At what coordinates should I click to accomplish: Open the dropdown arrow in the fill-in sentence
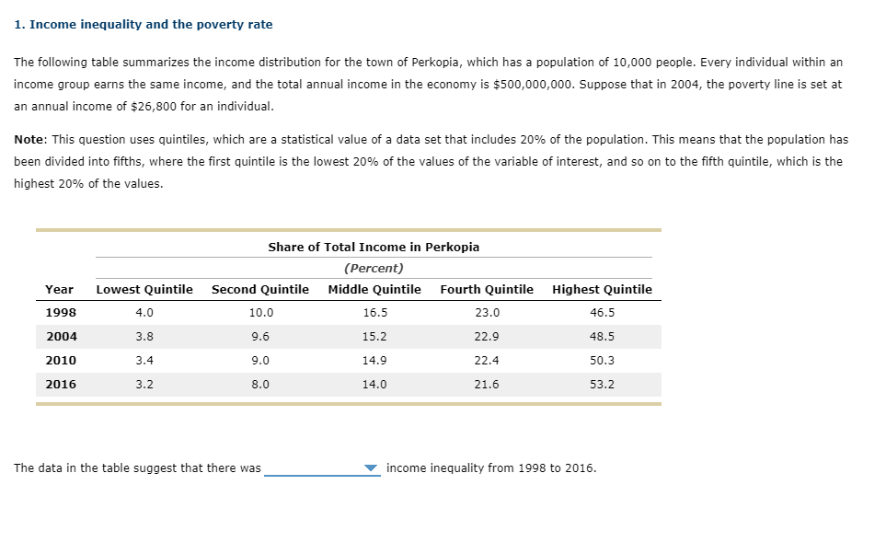click(371, 468)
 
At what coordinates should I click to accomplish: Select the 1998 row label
click(62, 313)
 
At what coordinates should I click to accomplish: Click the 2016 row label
click(62, 385)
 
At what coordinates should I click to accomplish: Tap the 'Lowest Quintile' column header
click(144, 289)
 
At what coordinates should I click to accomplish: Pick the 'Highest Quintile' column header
click(602, 289)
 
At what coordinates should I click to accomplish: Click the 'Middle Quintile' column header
click(374, 289)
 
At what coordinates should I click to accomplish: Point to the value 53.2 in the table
click(602, 385)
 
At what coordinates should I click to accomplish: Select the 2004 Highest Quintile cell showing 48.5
click(602, 337)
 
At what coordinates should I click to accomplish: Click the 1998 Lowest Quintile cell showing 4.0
click(144, 313)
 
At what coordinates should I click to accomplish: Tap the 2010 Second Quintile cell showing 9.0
click(260, 361)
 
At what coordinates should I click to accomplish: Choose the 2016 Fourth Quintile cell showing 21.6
click(487, 385)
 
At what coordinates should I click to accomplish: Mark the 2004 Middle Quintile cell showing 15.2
click(374, 337)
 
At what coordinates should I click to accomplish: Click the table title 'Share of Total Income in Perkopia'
click(374, 247)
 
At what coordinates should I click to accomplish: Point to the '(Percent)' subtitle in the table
click(374, 269)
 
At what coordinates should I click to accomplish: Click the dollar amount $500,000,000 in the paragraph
click(535, 84)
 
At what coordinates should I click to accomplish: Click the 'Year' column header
click(60, 289)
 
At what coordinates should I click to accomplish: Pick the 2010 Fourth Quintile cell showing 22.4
click(487, 361)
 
